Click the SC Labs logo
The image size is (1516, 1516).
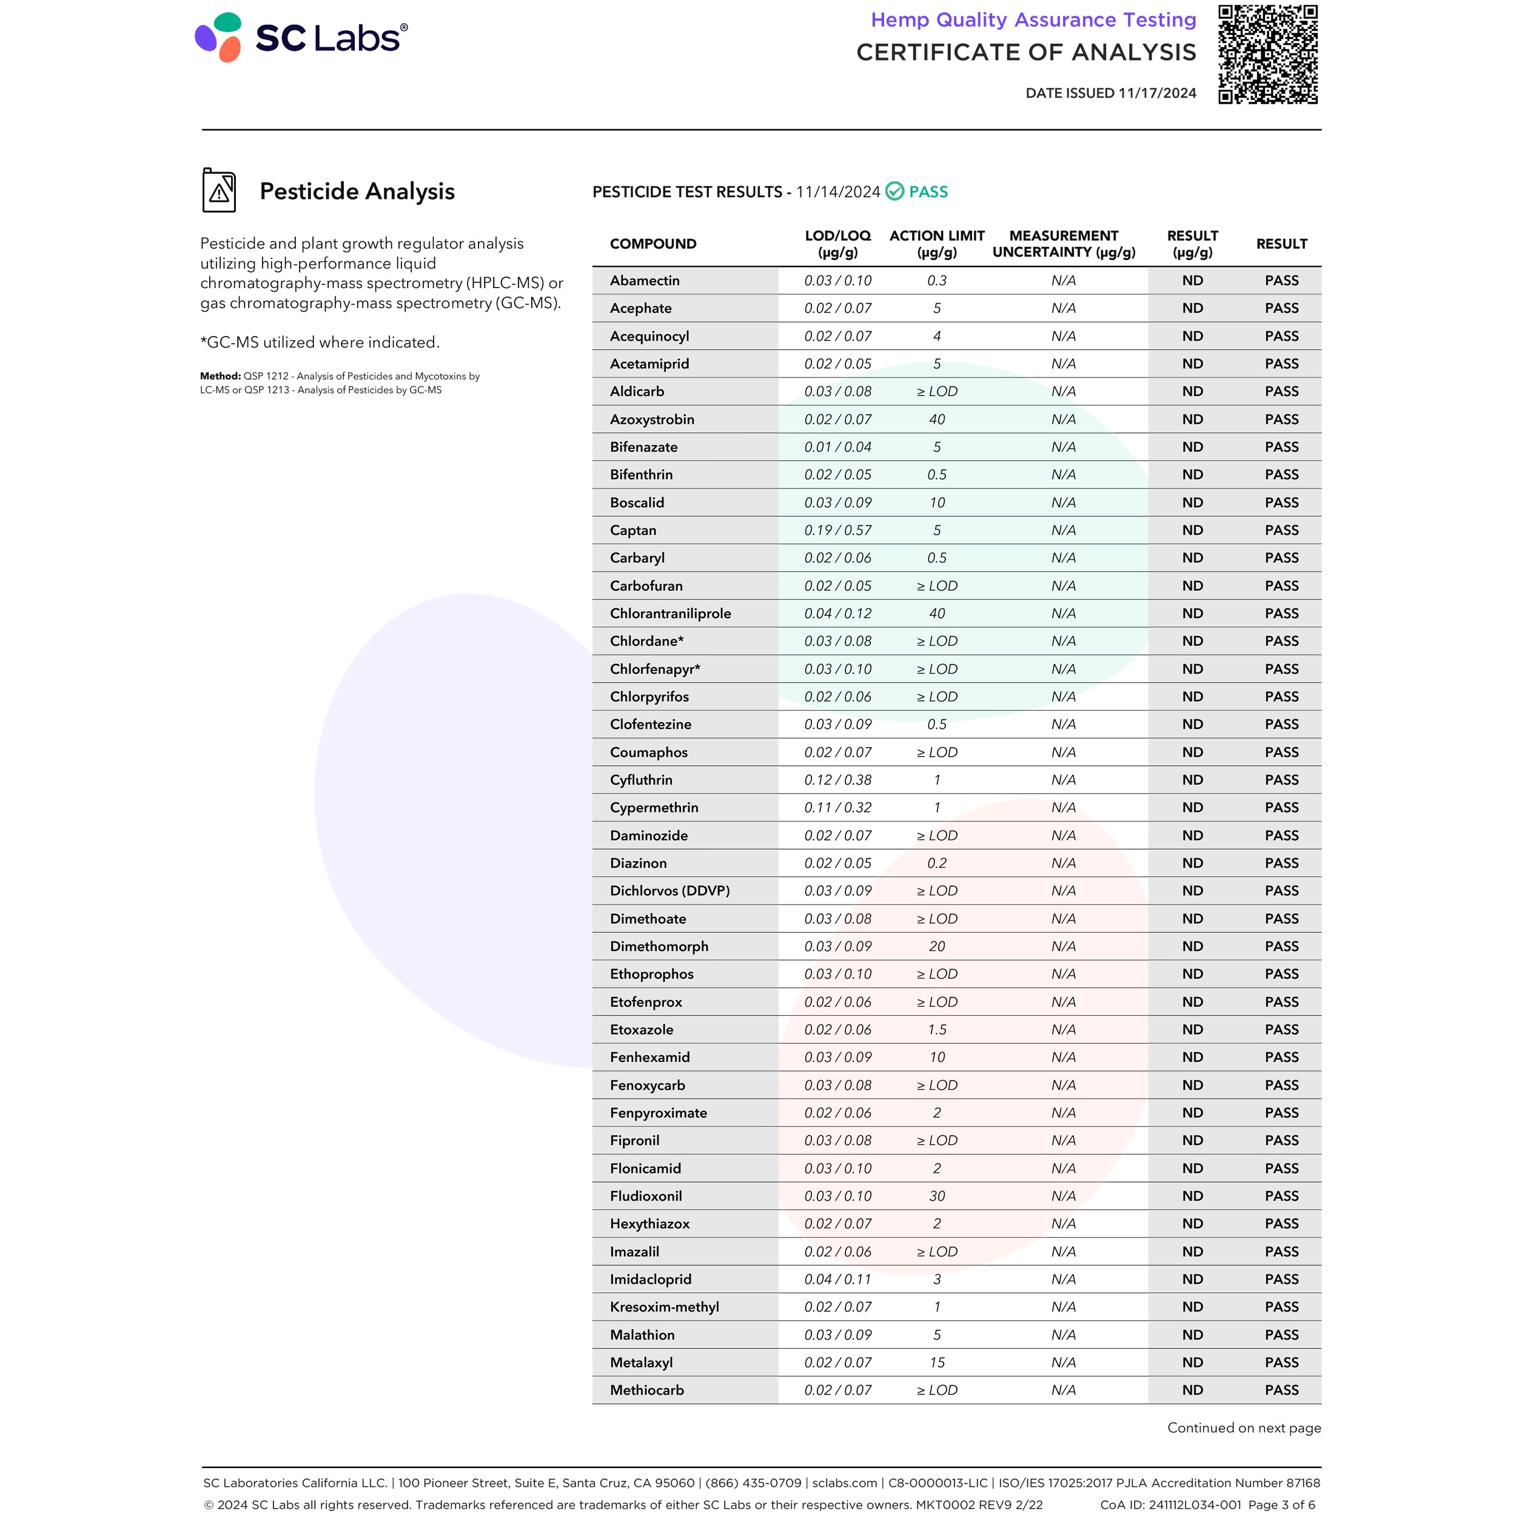point(301,38)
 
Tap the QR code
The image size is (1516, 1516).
point(1267,54)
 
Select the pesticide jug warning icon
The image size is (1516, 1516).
point(219,190)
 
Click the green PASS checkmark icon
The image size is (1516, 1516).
point(894,192)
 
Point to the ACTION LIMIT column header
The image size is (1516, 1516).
point(937,243)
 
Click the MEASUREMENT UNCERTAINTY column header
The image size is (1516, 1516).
point(1063,243)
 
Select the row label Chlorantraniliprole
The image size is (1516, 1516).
point(670,614)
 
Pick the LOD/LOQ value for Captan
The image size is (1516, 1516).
point(837,531)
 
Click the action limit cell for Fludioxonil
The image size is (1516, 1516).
point(937,1196)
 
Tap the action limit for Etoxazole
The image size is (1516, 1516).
point(937,1030)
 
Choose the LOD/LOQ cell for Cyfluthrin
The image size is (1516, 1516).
point(837,780)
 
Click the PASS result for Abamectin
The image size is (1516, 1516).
point(1281,281)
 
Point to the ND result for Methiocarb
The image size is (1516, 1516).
point(1192,1390)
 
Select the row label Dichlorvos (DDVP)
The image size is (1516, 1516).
point(669,891)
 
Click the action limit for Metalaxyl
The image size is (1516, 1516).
point(937,1362)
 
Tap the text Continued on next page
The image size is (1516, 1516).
point(1244,1427)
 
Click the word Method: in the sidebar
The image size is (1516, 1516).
point(220,377)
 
